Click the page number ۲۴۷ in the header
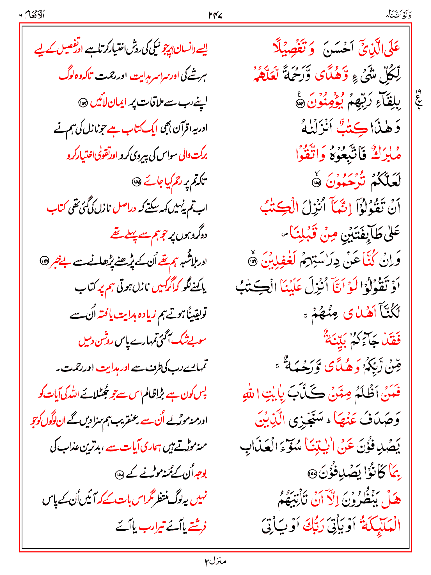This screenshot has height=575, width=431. click(x=215, y=15)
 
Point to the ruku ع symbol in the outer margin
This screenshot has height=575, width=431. click(x=418, y=100)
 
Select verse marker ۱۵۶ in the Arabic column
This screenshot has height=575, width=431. click(x=252, y=262)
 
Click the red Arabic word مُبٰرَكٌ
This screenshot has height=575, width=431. click(x=386, y=154)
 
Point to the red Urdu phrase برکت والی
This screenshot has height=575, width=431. click(x=193, y=156)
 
